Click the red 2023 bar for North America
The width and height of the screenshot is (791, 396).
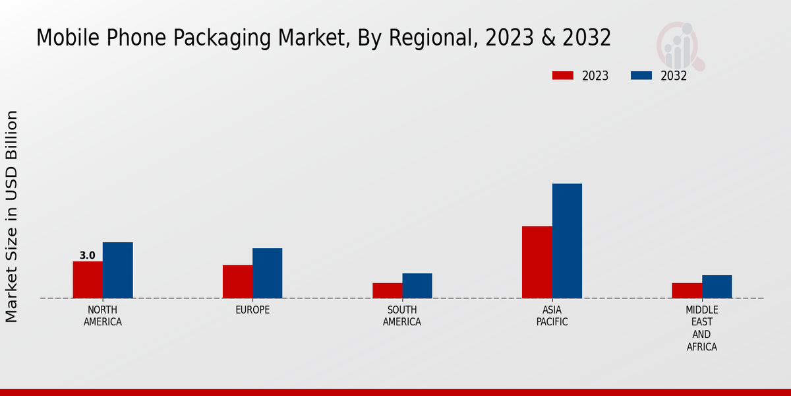(88, 280)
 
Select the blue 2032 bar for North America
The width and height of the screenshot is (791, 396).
(117, 270)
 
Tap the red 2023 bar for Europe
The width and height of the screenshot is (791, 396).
(237, 281)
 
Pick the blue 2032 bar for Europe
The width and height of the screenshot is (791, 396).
(267, 273)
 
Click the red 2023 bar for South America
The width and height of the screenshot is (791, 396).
(387, 290)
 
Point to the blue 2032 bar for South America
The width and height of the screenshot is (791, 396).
(417, 286)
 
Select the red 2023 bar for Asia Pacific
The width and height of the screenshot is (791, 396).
(537, 262)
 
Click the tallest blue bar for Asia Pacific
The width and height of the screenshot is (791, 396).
(567, 241)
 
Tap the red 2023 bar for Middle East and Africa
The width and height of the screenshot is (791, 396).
(687, 290)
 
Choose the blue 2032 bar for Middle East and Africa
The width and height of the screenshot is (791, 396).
(717, 286)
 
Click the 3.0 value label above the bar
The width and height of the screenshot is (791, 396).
(87, 255)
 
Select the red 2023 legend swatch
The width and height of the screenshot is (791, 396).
(562, 76)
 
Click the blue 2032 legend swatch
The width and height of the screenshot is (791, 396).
(641, 76)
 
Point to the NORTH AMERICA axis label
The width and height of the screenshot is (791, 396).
(103, 316)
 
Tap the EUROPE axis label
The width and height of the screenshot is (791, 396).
(252, 310)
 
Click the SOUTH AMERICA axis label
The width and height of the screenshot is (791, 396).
(402, 316)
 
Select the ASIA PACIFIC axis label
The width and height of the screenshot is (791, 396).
(552, 316)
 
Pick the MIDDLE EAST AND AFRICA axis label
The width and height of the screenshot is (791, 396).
(701, 328)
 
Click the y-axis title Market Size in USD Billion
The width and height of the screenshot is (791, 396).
(12, 216)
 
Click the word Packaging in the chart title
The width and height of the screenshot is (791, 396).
(223, 38)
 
